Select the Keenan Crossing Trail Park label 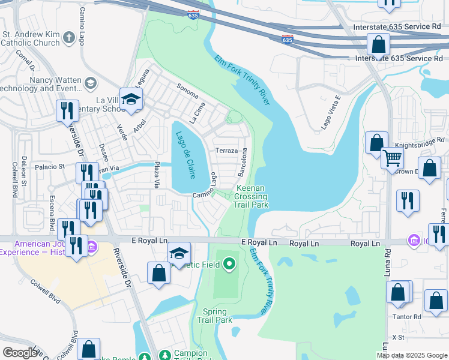pyautogui.click(x=250, y=196)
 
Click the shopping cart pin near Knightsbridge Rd pyautogui.click(x=392, y=158)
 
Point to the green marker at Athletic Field pyautogui.click(x=229, y=263)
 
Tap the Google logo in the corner pyautogui.click(x=20, y=353)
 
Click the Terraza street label pyautogui.click(x=227, y=151)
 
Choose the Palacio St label pyautogui.click(x=49, y=167)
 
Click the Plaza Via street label pyautogui.click(x=157, y=173)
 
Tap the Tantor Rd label pyautogui.click(x=408, y=316)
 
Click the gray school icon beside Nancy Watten pyautogui.click(x=91, y=83)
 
